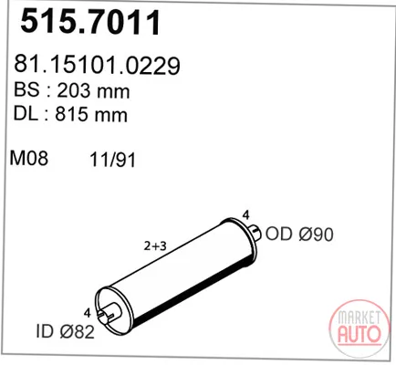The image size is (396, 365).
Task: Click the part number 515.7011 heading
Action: pos(90,22)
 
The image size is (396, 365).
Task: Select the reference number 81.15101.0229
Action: pos(97,65)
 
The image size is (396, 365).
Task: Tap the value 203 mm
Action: pos(93,90)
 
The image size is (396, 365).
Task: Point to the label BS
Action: pos(26,90)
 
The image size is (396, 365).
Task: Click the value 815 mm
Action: pos(91,114)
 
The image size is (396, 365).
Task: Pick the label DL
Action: pos(26,114)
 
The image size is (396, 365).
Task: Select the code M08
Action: pos(29,158)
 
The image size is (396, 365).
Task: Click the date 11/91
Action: pos(112,160)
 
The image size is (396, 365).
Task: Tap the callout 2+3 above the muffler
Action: pos(155,246)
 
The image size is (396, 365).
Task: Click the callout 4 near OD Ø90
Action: pos(246,215)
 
